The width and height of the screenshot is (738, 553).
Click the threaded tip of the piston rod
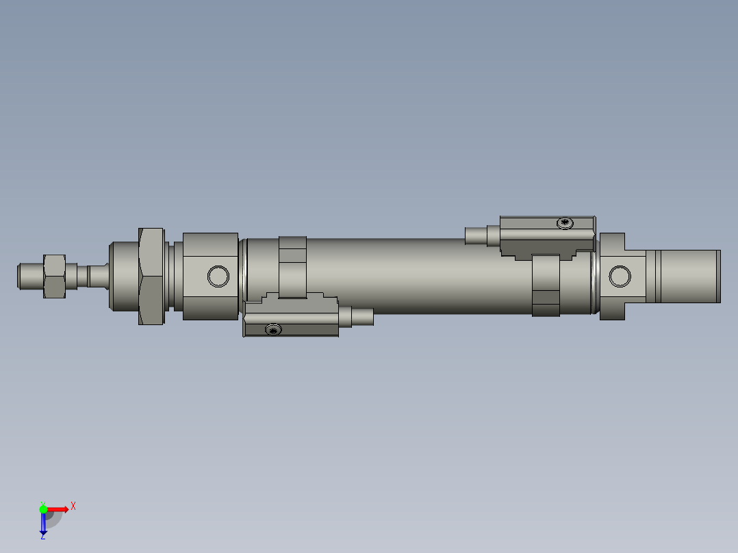point(29,276)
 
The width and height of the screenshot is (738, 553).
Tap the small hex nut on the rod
point(54,276)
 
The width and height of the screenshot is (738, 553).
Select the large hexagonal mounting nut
point(151,276)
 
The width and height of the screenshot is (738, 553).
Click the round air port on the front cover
point(218,276)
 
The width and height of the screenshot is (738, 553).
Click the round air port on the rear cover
point(620,276)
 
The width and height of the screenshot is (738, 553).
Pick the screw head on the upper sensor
point(565,222)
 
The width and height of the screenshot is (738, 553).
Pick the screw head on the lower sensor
point(273,330)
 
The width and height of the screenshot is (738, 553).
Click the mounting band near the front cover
point(292,267)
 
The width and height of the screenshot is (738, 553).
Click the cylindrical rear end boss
point(685,276)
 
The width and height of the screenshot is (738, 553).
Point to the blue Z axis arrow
point(43,524)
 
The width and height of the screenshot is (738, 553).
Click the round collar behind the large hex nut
point(123,276)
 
